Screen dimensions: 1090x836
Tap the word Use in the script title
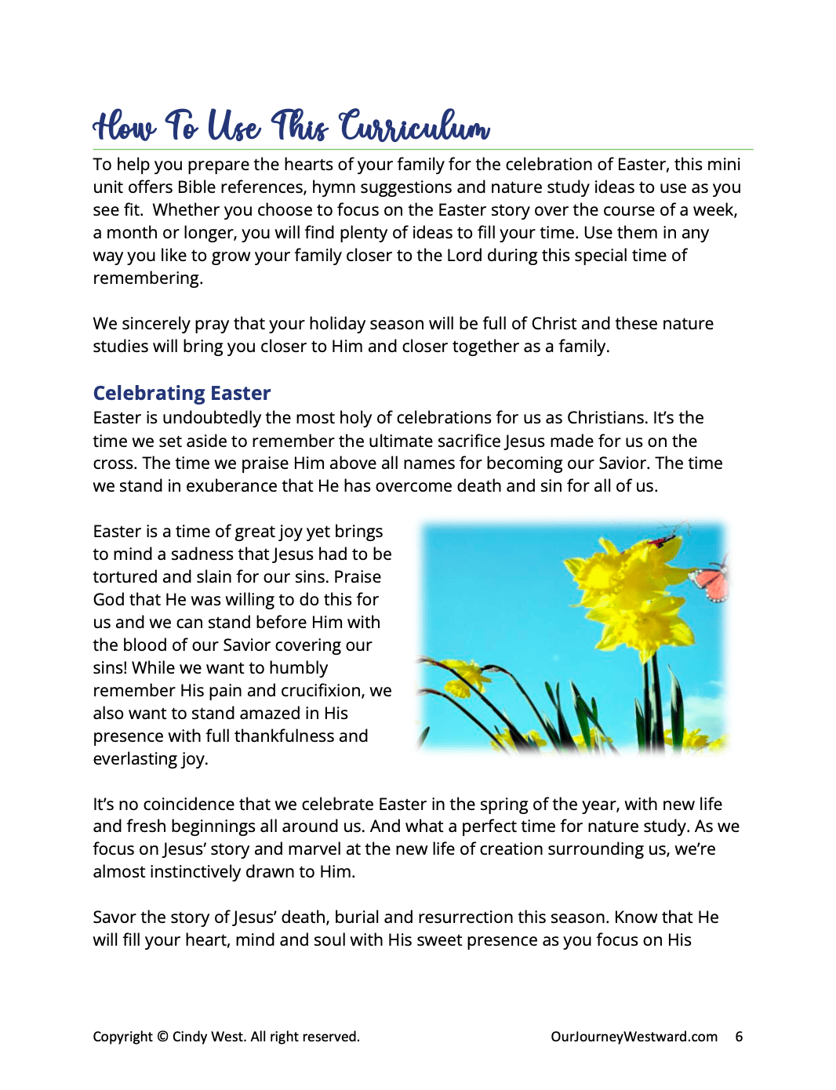pyautogui.click(x=234, y=127)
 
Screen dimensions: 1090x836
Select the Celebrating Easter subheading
pyautogui.click(x=182, y=393)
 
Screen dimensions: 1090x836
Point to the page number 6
pyautogui.click(x=739, y=1037)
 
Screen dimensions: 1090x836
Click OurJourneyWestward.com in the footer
pyautogui.click(x=634, y=1037)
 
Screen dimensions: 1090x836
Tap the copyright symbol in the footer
pyautogui.click(x=162, y=1037)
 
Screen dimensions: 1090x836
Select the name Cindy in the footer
pyautogui.click(x=189, y=1037)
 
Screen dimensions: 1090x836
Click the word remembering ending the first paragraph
pyautogui.click(x=147, y=278)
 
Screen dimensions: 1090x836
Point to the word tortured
pyautogui.click(x=125, y=577)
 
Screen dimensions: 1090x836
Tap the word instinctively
pyautogui.click(x=224, y=872)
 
